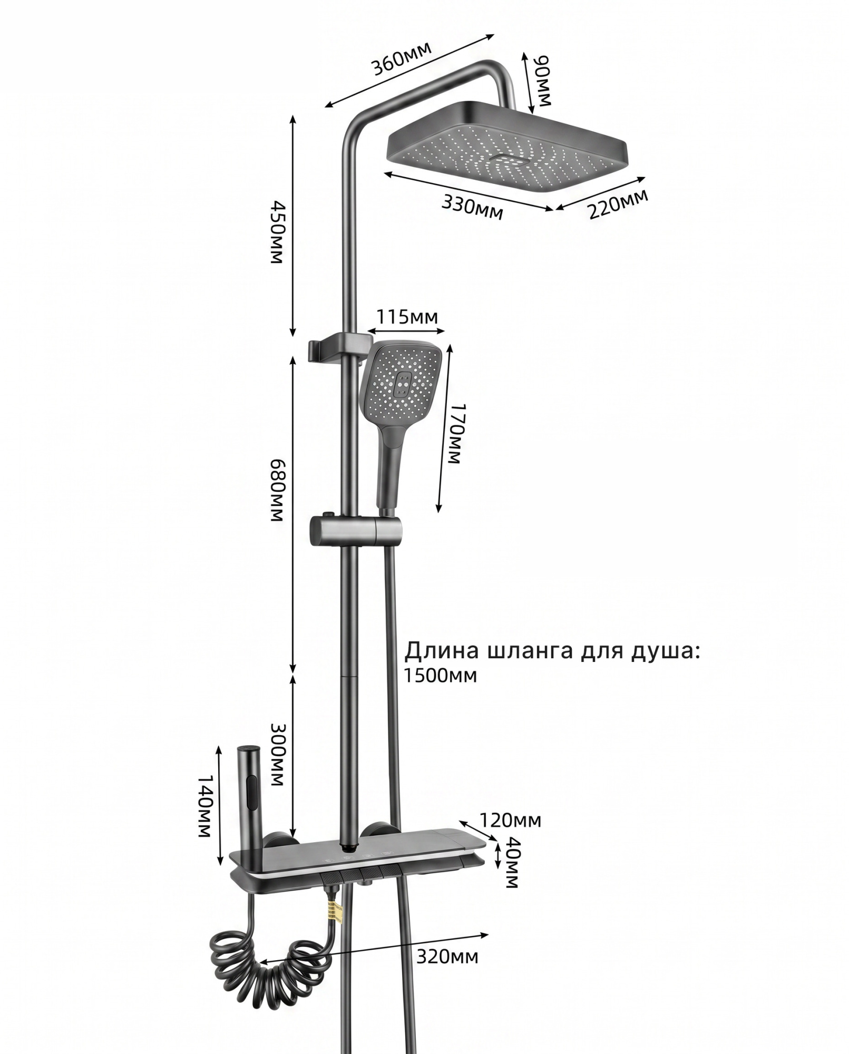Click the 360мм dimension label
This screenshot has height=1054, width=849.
pos(402,58)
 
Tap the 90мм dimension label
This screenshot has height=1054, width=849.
pos(544,83)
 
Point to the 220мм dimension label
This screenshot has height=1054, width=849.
pos(618,204)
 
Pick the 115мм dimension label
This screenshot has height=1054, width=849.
pos(406,317)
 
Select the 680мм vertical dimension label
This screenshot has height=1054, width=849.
pos(276,489)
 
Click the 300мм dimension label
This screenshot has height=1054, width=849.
pos(276,755)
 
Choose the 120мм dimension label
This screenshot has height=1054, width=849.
pos(510,820)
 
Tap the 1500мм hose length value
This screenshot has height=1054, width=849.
pos(441,675)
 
